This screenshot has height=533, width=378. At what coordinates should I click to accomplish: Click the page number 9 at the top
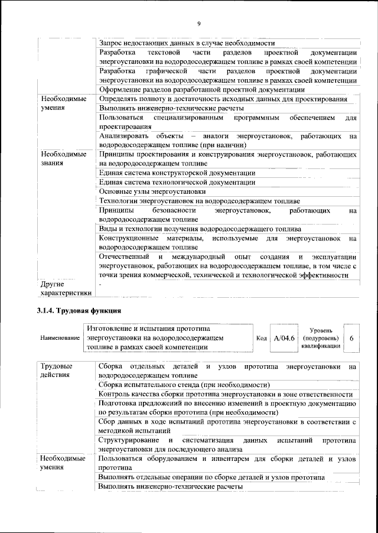click(x=198, y=23)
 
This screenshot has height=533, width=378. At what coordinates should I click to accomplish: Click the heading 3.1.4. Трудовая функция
click(x=79, y=310)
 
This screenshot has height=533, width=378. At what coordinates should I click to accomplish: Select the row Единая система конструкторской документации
click(x=177, y=173)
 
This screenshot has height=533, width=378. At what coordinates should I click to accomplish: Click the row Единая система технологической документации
click(x=177, y=182)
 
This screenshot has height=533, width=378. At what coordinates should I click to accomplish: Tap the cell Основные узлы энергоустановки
click(x=152, y=191)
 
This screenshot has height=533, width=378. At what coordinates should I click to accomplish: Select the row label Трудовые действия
click(x=56, y=370)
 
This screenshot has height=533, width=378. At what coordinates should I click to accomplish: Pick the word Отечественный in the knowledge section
click(x=124, y=257)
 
